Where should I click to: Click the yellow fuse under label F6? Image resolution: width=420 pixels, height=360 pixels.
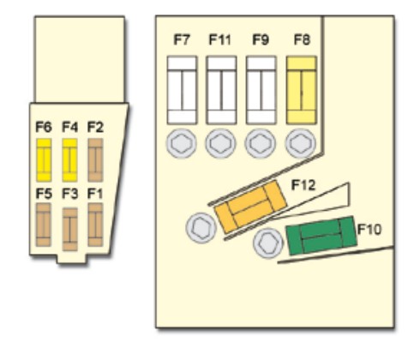tap(44, 160)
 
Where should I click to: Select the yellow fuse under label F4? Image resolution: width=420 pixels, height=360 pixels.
tap(69, 160)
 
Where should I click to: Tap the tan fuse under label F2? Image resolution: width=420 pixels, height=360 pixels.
tap(95, 160)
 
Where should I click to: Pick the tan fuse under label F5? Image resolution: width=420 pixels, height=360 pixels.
tap(44, 225)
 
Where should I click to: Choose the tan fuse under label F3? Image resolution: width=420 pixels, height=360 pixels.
tap(69, 229)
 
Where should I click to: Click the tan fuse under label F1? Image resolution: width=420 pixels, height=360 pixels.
tap(95, 225)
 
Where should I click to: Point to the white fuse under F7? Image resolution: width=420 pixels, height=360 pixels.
tap(182, 90)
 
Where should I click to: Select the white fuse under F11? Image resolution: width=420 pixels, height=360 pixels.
tap(221, 90)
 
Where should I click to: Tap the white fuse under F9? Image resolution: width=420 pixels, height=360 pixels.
tap(261, 90)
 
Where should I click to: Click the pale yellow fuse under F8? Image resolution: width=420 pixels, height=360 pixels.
tap(302, 90)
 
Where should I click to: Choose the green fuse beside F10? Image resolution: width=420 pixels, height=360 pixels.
tap(321, 236)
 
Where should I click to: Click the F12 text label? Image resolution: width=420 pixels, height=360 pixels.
tap(303, 185)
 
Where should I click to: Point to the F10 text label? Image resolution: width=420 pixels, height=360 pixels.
tap(369, 229)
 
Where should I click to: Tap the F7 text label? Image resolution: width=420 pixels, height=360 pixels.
tap(182, 39)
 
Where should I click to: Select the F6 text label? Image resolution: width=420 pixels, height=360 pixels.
tap(44, 127)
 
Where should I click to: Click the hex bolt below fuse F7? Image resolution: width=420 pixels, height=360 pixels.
tap(182, 143)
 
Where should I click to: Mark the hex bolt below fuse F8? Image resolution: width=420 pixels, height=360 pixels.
tap(300, 143)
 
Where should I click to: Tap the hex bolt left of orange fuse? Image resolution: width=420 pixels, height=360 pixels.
tap(201, 228)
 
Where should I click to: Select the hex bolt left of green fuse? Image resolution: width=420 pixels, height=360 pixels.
tap(268, 243)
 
